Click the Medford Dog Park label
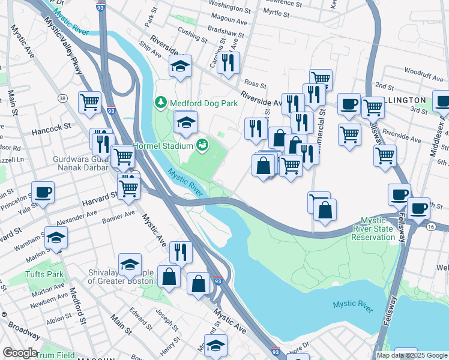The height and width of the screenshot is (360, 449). [204, 103]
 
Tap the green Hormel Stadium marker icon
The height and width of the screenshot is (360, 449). [202, 145]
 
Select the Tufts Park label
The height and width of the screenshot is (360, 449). [44, 274]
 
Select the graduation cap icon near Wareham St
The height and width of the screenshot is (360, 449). [56, 237]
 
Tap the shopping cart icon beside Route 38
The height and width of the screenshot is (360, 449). [90, 101]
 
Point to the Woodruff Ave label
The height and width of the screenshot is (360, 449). [423, 71]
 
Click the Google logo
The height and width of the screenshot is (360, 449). [19, 353]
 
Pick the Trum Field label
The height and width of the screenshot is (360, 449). [55, 355]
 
